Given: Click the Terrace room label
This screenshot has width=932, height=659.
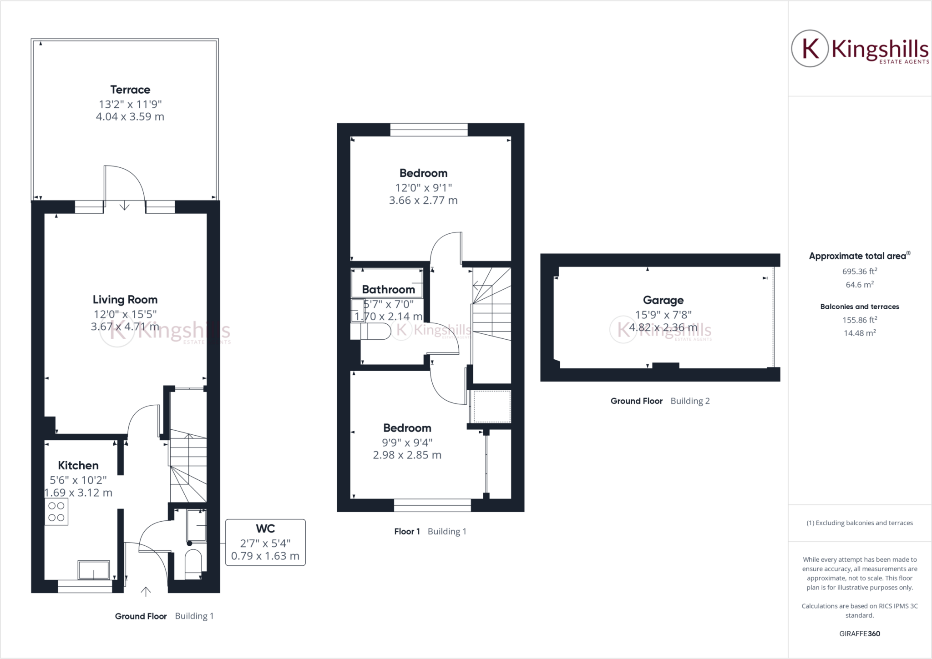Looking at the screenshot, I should click(130, 90).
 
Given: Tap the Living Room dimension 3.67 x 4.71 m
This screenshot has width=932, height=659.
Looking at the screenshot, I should click(125, 327).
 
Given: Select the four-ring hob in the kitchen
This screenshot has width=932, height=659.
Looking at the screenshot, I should click(56, 512).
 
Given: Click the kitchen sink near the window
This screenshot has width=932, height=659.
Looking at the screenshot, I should click(94, 570).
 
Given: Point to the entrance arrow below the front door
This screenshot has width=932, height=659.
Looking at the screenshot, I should click(146, 591).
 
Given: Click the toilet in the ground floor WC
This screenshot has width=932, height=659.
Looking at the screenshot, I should click(193, 564).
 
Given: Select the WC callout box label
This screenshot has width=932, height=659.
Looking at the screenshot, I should click(265, 528).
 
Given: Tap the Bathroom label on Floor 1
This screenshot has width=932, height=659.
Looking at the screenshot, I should click(388, 290).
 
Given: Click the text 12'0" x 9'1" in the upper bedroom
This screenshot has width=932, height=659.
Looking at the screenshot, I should click(423, 187).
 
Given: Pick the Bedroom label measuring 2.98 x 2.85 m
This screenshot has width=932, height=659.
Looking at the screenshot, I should click(407, 428).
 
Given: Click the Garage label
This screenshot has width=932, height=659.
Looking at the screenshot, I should click(663, 300).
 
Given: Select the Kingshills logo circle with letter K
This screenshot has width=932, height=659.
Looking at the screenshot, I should click(810, 49).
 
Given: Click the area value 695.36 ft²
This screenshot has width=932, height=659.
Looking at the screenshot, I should click(859, 272).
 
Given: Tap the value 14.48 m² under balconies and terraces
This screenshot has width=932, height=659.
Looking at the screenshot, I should click(859, 333).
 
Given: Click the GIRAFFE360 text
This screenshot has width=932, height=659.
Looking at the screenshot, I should click(859, 634).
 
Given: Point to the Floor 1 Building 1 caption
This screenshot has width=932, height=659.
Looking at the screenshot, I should click(430, 531).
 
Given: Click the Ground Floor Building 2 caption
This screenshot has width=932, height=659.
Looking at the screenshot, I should click(660, 401).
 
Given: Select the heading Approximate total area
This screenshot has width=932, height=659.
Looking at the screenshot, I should click(858, 256).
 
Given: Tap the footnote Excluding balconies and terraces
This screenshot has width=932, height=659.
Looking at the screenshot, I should click(859, 523).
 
